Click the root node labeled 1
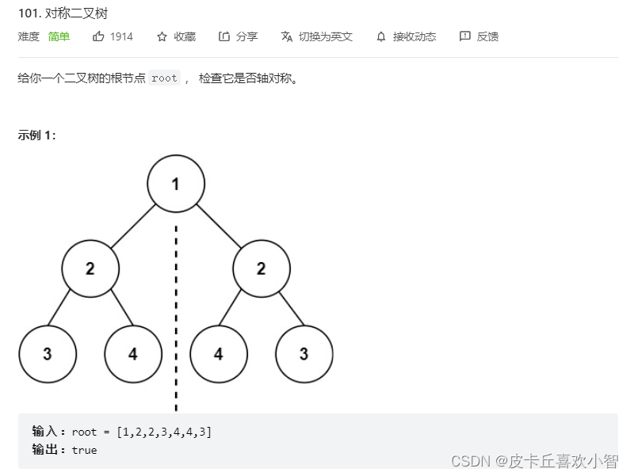tap(176, 184)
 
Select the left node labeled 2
tap(90, 268)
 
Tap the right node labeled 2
tap(262, 268)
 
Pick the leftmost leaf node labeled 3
tap(48, 353)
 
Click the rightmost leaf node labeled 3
tap(304, 353)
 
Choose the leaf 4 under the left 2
tap(133, 353)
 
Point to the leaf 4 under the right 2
tap(219, 353)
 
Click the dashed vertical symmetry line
tap(176, 317)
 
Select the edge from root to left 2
tap(133, 226)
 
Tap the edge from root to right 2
tap(219, 226)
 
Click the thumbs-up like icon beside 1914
tap(98, 36)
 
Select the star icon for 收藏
tap(162, 36)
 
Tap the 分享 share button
tap(238, 36)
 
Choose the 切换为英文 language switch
tap(316, 36)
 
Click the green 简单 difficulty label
tap(59, 36)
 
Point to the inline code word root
tap(164, 78)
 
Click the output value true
tap(84, 450)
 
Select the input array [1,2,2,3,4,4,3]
tap(163, 432)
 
